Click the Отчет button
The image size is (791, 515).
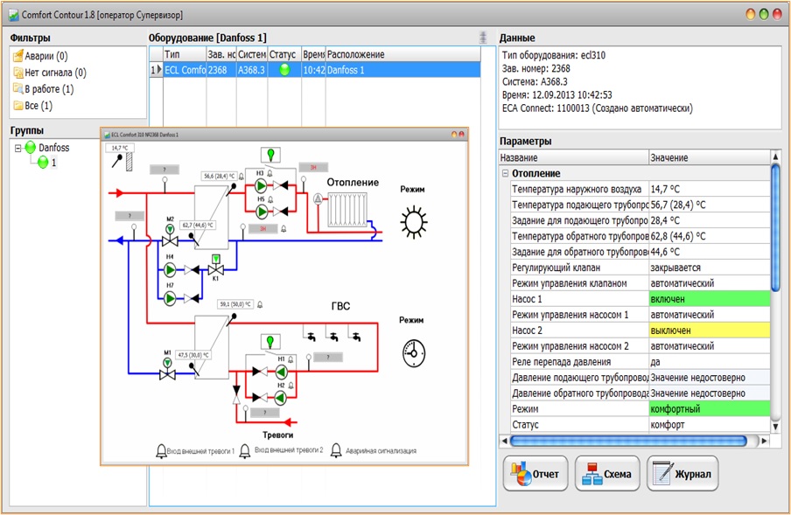pos(535,474)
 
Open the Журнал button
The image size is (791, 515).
pos(682,474)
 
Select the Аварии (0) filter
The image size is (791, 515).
pos(40,57)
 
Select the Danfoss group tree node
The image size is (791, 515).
pos(52,148)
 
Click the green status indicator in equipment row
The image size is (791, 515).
pos(283,70)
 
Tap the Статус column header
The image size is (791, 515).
pos(283,54)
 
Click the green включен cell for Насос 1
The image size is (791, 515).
pos(710,299)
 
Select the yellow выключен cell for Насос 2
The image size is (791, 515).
pos(710,331)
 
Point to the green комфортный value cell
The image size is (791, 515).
pos(710,409)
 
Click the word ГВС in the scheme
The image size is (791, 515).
pos(340,306)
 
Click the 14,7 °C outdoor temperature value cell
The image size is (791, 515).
pos(710,189)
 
